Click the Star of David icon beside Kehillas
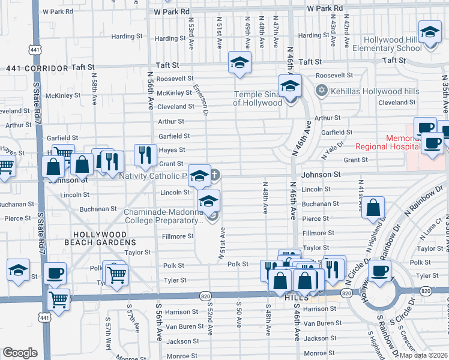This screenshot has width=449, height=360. tap(321, 90)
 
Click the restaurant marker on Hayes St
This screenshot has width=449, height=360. tap(145, 155)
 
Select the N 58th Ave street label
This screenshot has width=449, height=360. tap(95, 87)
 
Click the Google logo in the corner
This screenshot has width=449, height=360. tap(20, 353)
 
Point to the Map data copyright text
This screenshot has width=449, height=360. tap(423, 355)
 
